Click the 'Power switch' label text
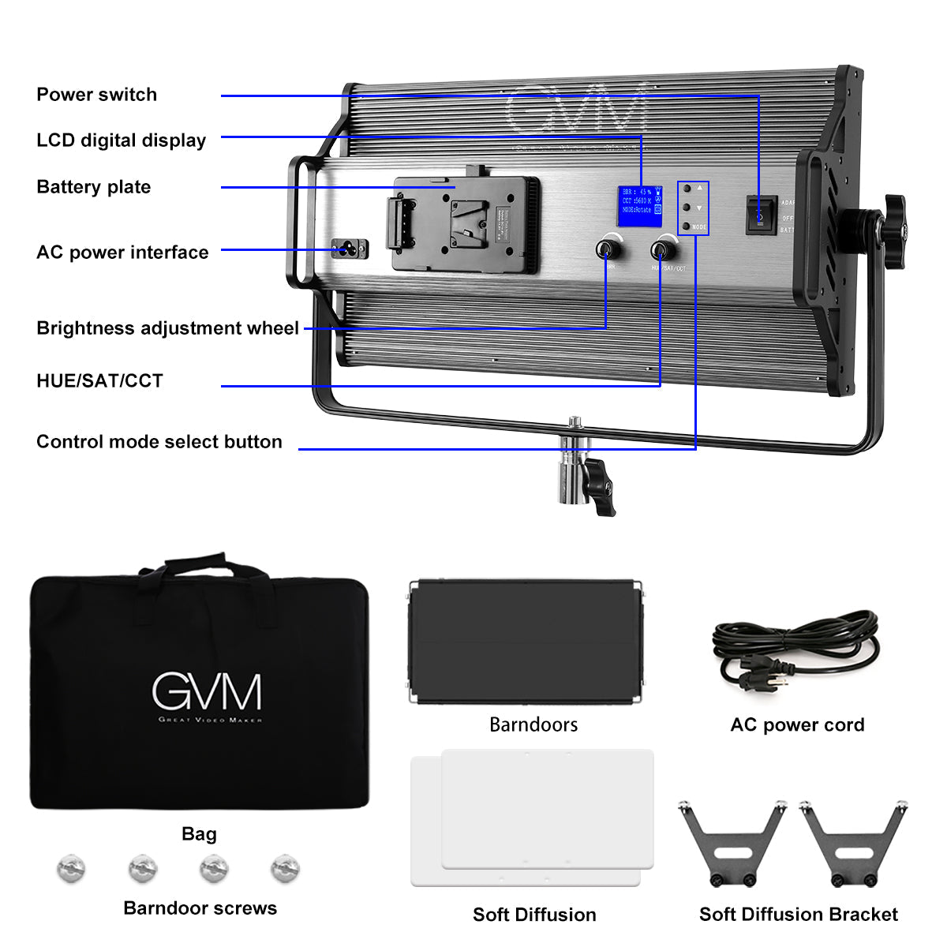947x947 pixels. tap(96, 95)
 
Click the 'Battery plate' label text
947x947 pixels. tap(93, 187)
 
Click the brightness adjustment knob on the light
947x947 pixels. tap(606, 249)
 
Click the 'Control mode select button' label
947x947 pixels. tap(159, 442)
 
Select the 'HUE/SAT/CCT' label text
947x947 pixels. tap(99, 381)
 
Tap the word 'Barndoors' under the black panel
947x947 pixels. tap(533, 724)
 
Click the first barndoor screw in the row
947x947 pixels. tap(71, 868)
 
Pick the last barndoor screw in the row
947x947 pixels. tap(285, 868)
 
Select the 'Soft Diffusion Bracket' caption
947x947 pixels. tap(798, 915)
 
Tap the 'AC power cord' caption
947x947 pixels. tap(797, 725)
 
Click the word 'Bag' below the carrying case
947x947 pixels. tap(199, 834)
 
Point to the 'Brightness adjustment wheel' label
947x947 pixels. tap(167, 328)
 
